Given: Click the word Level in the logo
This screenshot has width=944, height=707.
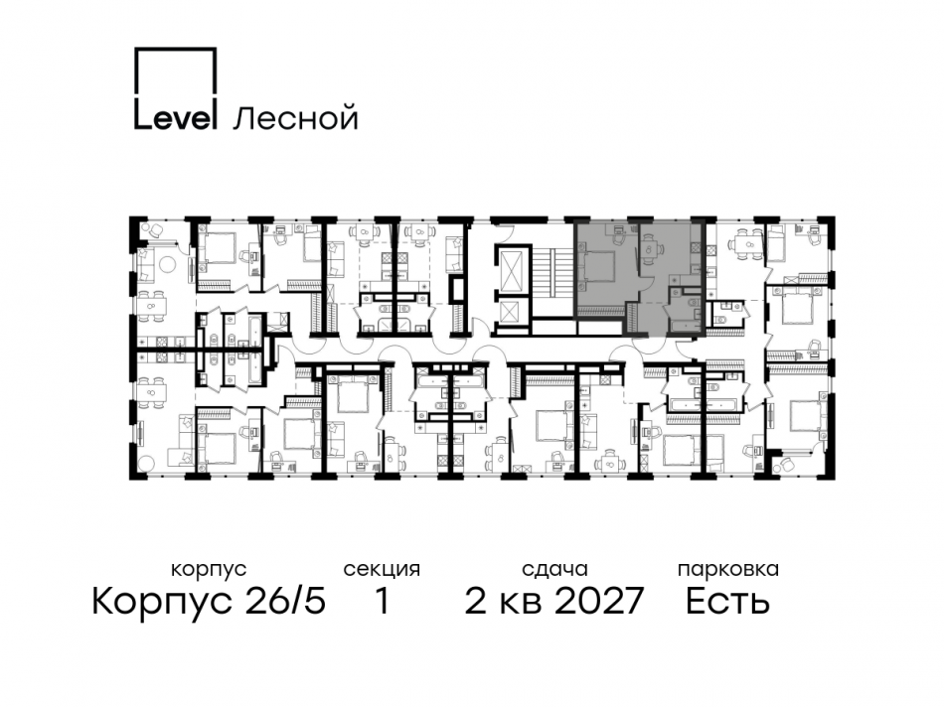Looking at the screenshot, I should (175, 117).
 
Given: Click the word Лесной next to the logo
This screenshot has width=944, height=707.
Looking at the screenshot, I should (294, 119).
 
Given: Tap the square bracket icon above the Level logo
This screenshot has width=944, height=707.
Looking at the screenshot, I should (175, 71).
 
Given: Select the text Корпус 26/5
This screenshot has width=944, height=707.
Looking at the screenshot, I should (208, 601).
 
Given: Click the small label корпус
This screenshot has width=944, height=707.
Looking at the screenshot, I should (208, 570).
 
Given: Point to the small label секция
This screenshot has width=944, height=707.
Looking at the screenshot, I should (382, 570).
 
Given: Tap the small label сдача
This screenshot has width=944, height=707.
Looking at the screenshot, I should (554, 570).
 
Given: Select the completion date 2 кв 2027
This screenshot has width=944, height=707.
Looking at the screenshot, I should (554, 601).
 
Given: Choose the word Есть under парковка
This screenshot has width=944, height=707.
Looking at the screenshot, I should (726, 601).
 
